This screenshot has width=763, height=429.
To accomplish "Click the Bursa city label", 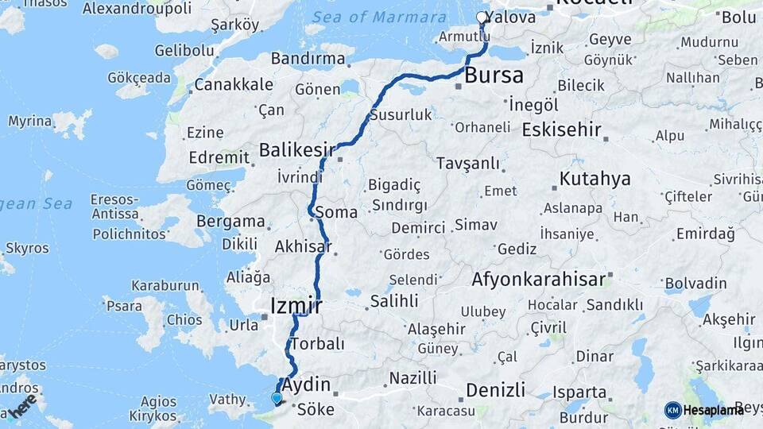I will coord(494,76).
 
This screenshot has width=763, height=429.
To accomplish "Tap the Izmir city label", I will coord(296,306).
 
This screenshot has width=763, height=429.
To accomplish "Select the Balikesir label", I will coord(297,150).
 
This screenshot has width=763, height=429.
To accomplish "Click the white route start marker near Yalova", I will coord(482,17).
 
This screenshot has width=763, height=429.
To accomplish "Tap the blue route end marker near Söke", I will coord(276,398).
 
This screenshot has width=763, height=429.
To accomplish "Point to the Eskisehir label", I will coord(562,129).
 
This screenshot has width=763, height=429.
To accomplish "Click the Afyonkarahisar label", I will coord(538,280).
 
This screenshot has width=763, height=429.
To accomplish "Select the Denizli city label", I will coord(495,390).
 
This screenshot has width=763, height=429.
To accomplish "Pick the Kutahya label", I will coord(595,179).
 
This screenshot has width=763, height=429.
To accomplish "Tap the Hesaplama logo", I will coord(704,410).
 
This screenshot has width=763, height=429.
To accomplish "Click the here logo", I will coord(22,405).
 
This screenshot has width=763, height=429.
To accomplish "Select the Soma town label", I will coord(336,212).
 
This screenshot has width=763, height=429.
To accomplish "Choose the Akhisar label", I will coord(302,247).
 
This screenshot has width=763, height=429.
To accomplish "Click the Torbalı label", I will coord(317,344).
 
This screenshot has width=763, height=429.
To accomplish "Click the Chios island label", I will coord(184,319).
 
